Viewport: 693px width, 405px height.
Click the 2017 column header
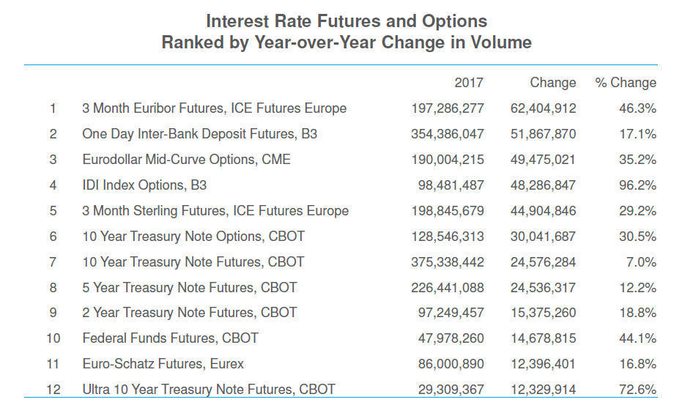469,83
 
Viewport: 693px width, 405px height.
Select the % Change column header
626,83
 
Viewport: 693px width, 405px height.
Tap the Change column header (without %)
553,83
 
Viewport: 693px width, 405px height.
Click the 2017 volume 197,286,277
448,108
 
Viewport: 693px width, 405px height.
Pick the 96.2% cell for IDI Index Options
637,185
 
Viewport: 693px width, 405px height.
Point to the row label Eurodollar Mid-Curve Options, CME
186,160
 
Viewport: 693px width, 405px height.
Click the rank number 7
53,262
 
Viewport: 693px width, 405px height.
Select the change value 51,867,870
543,134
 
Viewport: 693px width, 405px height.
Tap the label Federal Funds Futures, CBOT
170,338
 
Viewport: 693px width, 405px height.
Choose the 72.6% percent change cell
637,390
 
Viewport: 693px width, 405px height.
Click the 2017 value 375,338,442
448,262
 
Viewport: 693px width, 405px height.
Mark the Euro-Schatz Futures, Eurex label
163,364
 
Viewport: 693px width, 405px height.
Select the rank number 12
53,390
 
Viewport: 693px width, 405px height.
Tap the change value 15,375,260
543,313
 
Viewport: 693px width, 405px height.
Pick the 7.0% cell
642,262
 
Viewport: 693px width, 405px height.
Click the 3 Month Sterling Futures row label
215,211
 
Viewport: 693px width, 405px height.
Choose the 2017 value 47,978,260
451,338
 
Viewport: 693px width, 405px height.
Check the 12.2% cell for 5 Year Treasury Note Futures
637,288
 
